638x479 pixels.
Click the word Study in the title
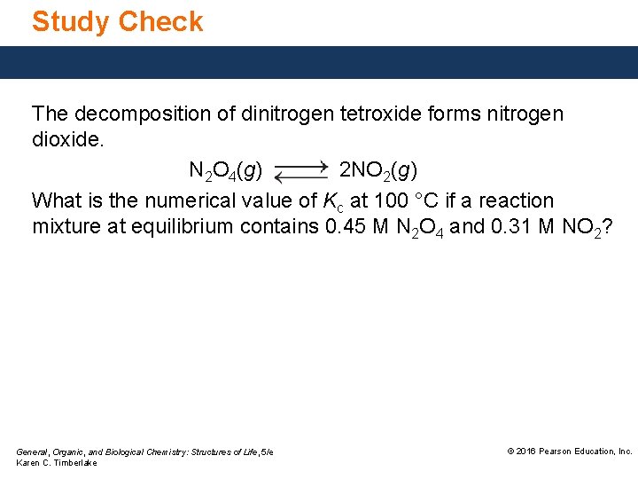coord(70,21)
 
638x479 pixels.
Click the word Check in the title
coord(160,21)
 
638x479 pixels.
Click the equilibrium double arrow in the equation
coord(301,172)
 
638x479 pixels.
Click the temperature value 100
coord(392,201)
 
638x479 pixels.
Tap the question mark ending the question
coord(608,227)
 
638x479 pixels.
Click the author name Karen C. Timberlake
coord(57,463)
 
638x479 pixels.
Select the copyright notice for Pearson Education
coord(570,452)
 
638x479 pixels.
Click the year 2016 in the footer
coord(525,452)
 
